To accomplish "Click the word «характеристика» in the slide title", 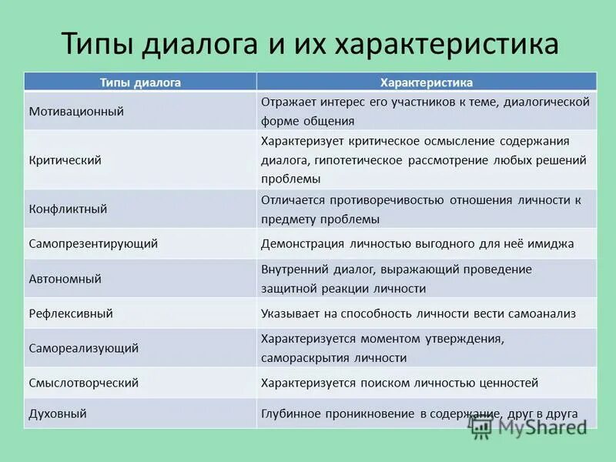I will coord(447,44).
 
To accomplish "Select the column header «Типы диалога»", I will coord(140,82).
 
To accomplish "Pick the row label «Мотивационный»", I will coord(76,111).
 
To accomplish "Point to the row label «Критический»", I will coord(65,160).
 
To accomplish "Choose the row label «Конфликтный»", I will coord(68,209).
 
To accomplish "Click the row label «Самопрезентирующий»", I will coord(93,243).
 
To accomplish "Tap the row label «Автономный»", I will coord(65,279).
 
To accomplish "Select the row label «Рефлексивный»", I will coord(71,313).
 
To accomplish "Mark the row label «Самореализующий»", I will coord(84,348).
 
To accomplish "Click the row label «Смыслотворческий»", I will coord(84,383).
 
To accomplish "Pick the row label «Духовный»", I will coord(58,413).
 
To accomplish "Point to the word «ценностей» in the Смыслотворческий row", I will coord(507,383).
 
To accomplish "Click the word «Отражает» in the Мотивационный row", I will coord(286,102).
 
